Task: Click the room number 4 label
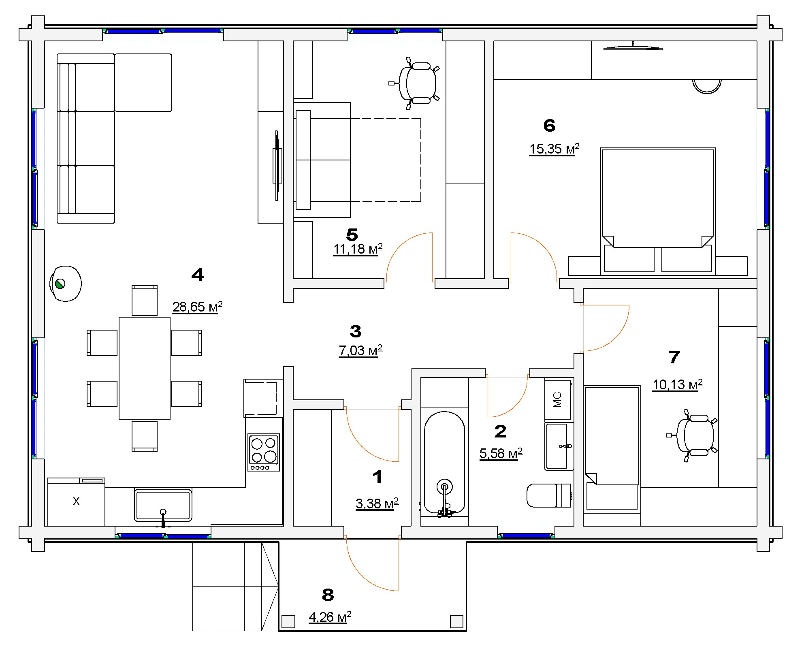(x=198, y=275)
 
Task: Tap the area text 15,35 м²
(x=554, y=149)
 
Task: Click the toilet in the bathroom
(x=549, y=495)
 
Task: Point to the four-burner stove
(x=264, y=452)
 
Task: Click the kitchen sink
(x=163, y=505)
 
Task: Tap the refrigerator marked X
(x=76, y=502)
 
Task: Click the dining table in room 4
(x=145, y=368)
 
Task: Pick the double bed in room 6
(x=658, y=211)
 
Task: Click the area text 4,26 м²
(x=330, y=617)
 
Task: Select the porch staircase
(x=235, y=587)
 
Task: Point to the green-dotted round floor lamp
(x=66, y=284)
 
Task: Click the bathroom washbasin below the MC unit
(x=558, y=446)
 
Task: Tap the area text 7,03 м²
(x=360, y=351)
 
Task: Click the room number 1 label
(x=377, y=477)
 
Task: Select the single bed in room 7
(x=612, y=449)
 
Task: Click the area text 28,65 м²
(x=198, y=307)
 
